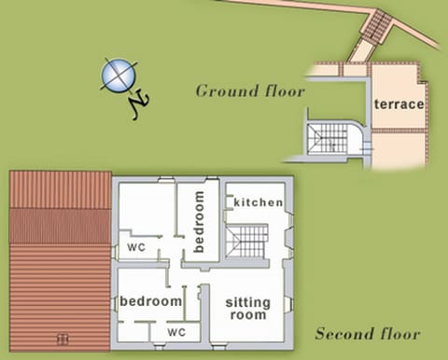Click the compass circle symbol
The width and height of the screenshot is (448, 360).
tap(118, 76)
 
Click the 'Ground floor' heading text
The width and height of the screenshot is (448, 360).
tap(250, 91)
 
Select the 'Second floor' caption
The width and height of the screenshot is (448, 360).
tap(367, 334)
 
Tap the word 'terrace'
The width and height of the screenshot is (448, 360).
tap(399, 104)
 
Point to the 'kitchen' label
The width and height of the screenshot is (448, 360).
tap(259, 202)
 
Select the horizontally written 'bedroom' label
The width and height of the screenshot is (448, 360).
tap(150, 301)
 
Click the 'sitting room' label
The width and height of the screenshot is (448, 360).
tap(247, 308)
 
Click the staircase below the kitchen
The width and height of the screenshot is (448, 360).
tap(247, 240)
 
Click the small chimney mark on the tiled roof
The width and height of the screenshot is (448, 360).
tap(63, 339)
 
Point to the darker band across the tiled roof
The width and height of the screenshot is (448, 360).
tap(60, 227)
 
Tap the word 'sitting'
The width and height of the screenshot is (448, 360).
tap(247, 301)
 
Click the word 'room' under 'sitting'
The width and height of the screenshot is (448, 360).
tap(247, 315)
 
